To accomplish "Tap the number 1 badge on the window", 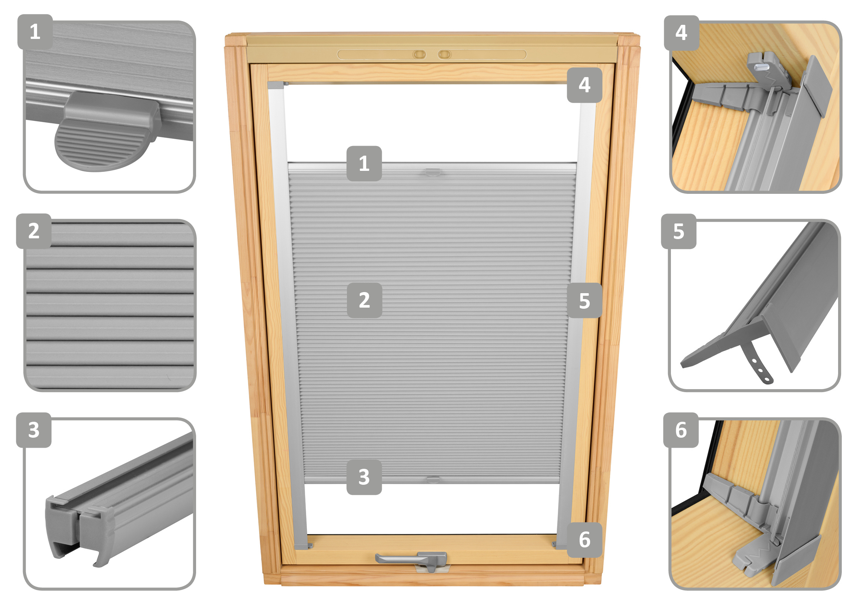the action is [364, 163].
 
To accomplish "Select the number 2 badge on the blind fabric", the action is [364, 301].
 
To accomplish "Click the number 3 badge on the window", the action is [364, 477].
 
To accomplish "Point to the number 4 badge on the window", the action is [585, 85].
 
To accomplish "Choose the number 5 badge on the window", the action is [585, 301].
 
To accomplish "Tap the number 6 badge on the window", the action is [585, 540].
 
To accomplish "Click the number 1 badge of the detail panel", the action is [35, 32].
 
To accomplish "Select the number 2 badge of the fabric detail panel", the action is [34, 231].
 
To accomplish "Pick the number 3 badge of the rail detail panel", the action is [34, 430].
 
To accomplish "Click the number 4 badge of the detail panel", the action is [682, 33].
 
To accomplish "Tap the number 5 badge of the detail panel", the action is [679, 231].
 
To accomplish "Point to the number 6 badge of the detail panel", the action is [681, 430].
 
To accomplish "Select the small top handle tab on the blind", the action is [433, 172].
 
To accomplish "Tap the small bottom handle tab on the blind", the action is [433, 479].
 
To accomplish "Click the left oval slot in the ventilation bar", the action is [419, 55].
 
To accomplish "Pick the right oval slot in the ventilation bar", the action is [444, 55].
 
